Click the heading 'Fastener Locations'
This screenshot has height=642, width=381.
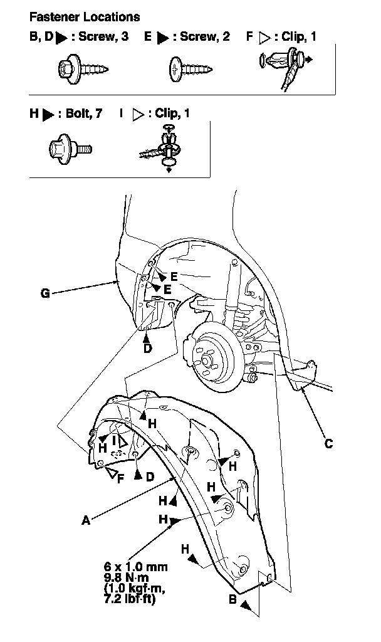85,17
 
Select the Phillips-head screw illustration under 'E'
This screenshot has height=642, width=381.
190,68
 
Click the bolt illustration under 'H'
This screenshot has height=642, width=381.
70,148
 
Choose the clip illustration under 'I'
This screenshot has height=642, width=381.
162,147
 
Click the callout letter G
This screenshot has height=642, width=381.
45,293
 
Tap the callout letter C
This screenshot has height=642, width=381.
328,444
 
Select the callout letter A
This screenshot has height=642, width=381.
85,520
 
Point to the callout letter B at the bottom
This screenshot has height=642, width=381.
232,599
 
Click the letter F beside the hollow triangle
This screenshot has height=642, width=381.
120,478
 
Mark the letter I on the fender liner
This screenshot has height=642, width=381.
115,441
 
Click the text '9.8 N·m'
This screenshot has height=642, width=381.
127,577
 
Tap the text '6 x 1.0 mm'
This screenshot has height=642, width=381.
135,567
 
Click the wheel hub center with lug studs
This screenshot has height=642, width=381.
206,360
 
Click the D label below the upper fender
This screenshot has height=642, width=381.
147,348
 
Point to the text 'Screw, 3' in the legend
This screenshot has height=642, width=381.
103,36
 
